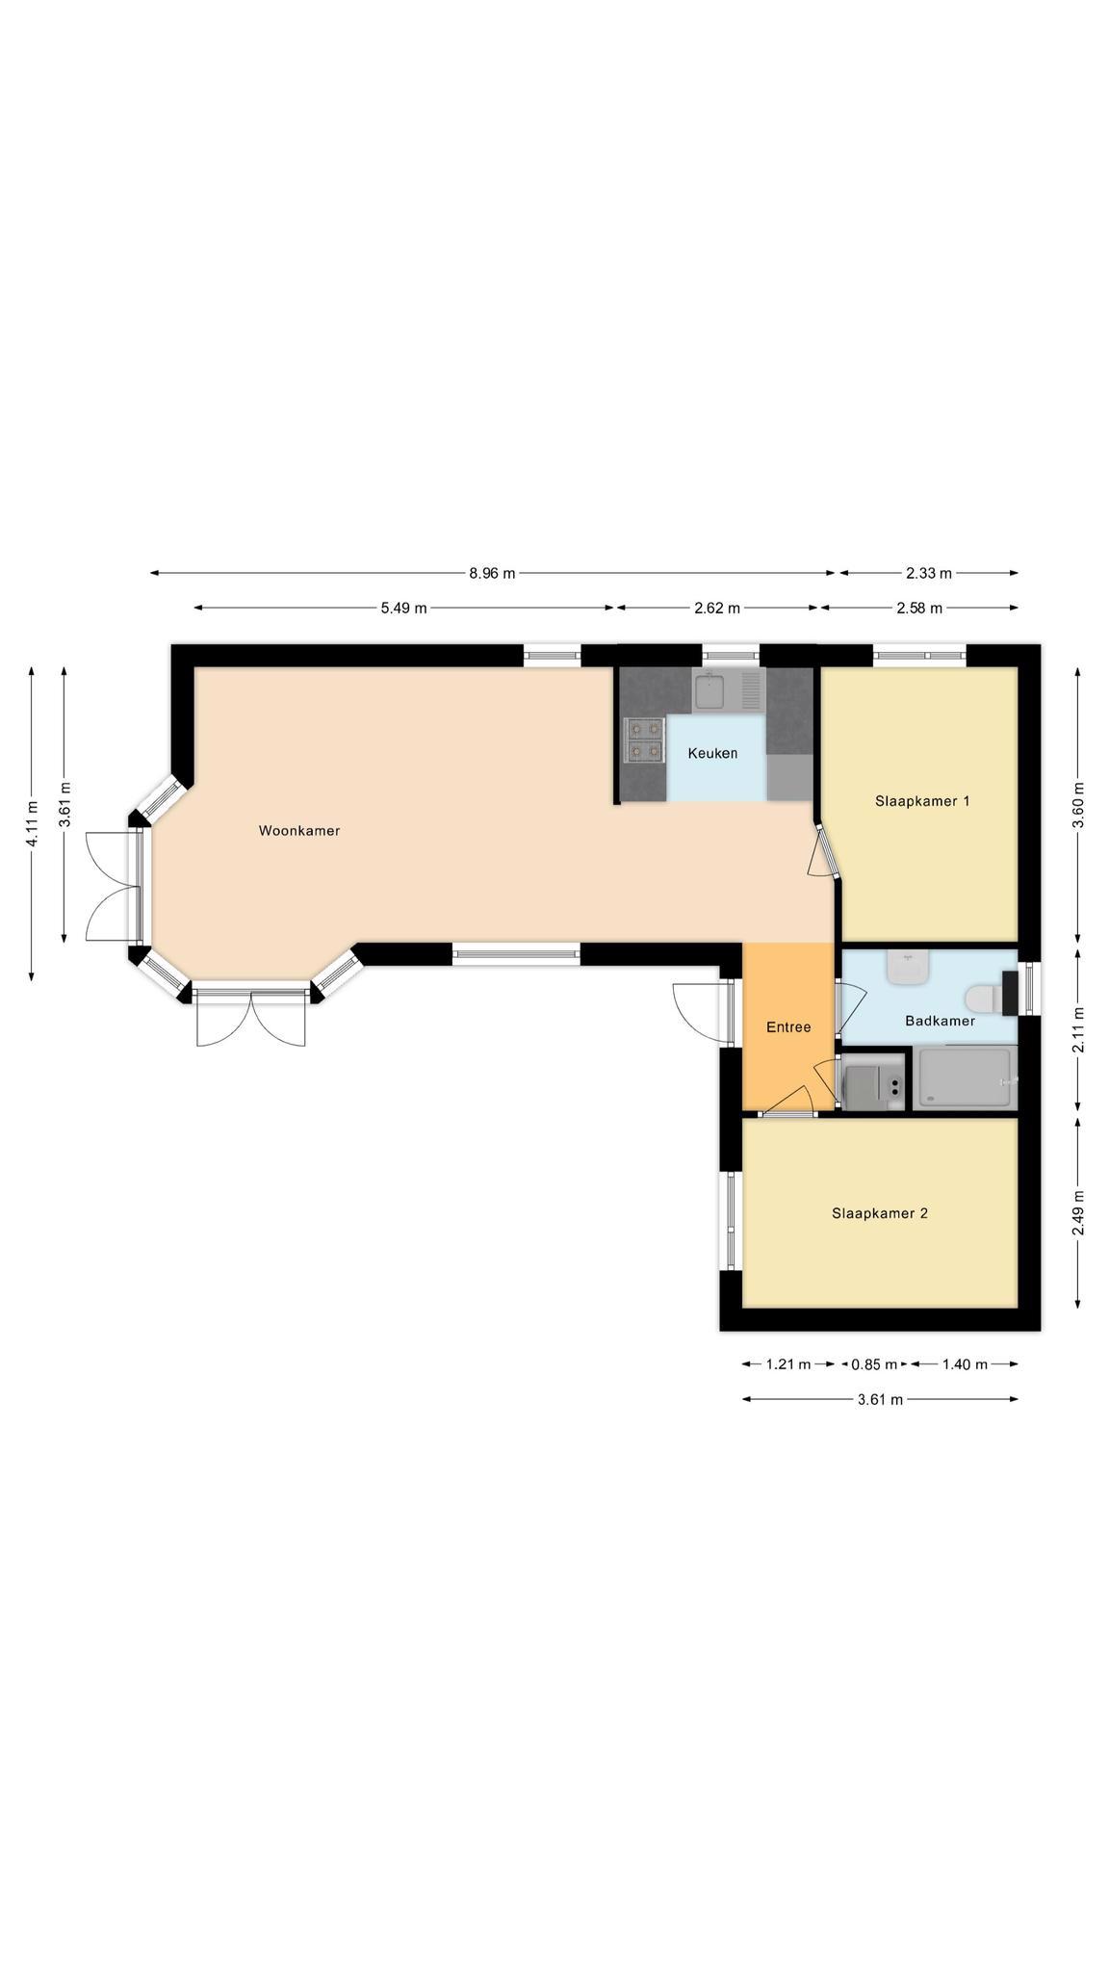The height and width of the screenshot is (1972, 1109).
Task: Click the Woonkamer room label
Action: tap(299, 831)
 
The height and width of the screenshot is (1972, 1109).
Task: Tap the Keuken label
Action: tap(712, 753)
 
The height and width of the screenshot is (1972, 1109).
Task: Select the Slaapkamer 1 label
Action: tap(922, 801)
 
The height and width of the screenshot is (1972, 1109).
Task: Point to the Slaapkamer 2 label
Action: tap(880, 1213)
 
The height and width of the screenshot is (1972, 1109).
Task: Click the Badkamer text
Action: tap(940, 1021)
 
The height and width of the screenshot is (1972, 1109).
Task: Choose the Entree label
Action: tap(788, 1027)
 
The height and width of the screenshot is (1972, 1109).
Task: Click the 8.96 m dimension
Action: tap(492, 574)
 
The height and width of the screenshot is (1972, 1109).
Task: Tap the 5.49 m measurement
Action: tap(403, 608)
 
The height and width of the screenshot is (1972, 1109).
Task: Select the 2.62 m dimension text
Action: tap(717, 608)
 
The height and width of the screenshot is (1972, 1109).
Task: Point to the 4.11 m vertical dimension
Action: tap(32, 824)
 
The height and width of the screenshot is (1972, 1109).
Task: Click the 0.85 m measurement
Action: tap(873, 1364)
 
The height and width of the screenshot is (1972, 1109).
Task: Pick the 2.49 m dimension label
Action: tap(1078, 1213)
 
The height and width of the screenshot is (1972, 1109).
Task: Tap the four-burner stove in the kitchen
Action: tap(644, 740)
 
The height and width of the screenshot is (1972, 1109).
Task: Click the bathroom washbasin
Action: tap(908, 966)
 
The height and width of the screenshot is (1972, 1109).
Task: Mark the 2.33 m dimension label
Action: tap(929, 574)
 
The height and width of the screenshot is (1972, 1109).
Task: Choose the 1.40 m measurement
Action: tap(965, 1364)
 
